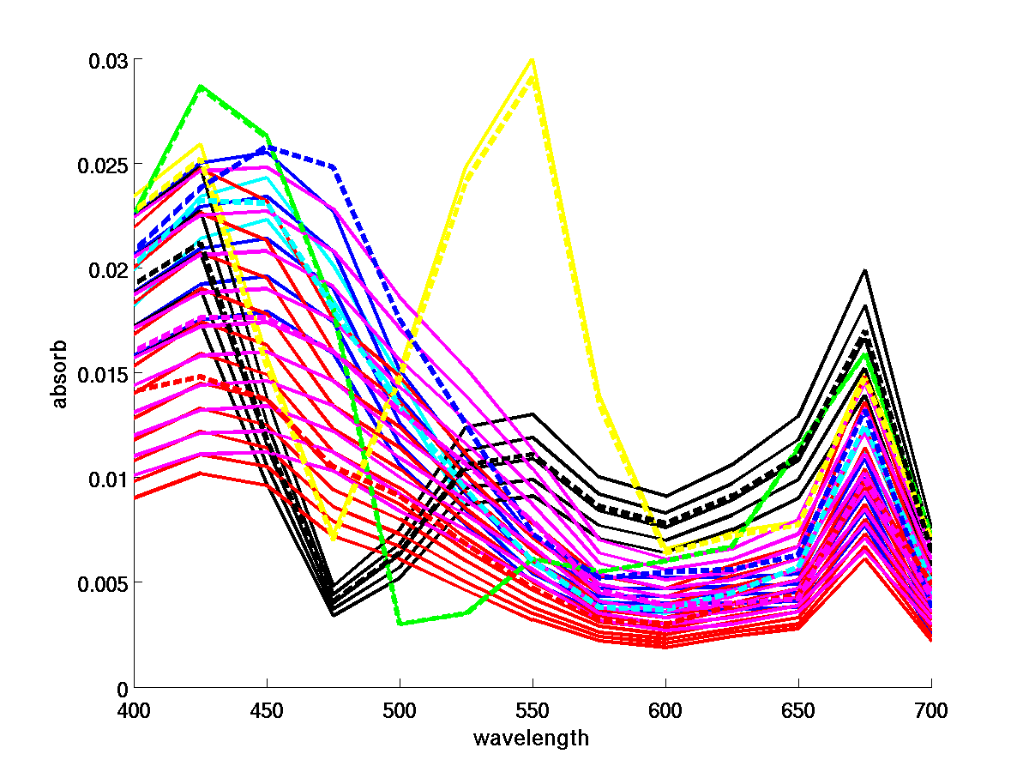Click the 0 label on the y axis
click(x=122, y=688)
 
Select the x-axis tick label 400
click(x=134, y=710)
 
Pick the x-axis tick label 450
click(x=267, y=710)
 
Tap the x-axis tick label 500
click(x=400, y=710)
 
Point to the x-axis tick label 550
click(x=533, y=710)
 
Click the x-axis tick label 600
click(x=665, y=710)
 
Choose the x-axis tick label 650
click(x=798, y=710)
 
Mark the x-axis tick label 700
click(x=931, y=710)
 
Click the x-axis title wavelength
click(x=532, y=738)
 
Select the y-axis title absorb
click(x=59, y=375)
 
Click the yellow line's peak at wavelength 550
click(x=533, y=59)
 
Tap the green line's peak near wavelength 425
click(x=201, y=86)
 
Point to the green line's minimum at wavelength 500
click(x=400, y=624)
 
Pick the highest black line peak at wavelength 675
click(x=865, y=270)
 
